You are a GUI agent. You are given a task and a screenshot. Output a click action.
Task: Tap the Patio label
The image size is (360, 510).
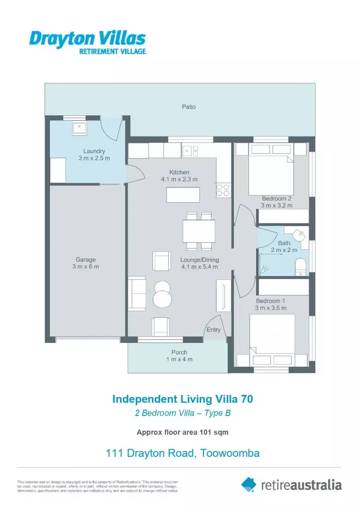click(189, 107)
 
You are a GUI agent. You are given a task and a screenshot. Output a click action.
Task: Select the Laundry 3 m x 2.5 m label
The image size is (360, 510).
click(94, 154)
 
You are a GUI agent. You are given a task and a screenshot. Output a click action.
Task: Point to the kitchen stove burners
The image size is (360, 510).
click(223, 190)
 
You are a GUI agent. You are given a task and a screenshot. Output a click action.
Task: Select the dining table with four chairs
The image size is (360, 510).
click(199, 231)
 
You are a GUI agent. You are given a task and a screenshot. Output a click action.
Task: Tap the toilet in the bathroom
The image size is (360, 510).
click(300, 267)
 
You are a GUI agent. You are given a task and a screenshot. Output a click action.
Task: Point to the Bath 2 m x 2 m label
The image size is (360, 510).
click(284, 246)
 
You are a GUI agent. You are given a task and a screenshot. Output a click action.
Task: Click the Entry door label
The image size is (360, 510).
click(213, 330)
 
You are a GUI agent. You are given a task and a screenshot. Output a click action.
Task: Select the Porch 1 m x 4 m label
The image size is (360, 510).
click(179, 356)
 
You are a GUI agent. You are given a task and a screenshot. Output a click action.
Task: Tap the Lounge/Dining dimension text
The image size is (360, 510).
click(199, 266)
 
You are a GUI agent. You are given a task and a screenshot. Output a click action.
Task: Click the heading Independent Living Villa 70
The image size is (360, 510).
click(182, 399)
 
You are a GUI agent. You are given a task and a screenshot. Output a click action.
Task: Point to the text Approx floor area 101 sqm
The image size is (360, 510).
click(182, 432)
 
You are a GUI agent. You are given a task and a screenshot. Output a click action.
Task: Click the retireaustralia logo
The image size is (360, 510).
click(291, 484)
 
